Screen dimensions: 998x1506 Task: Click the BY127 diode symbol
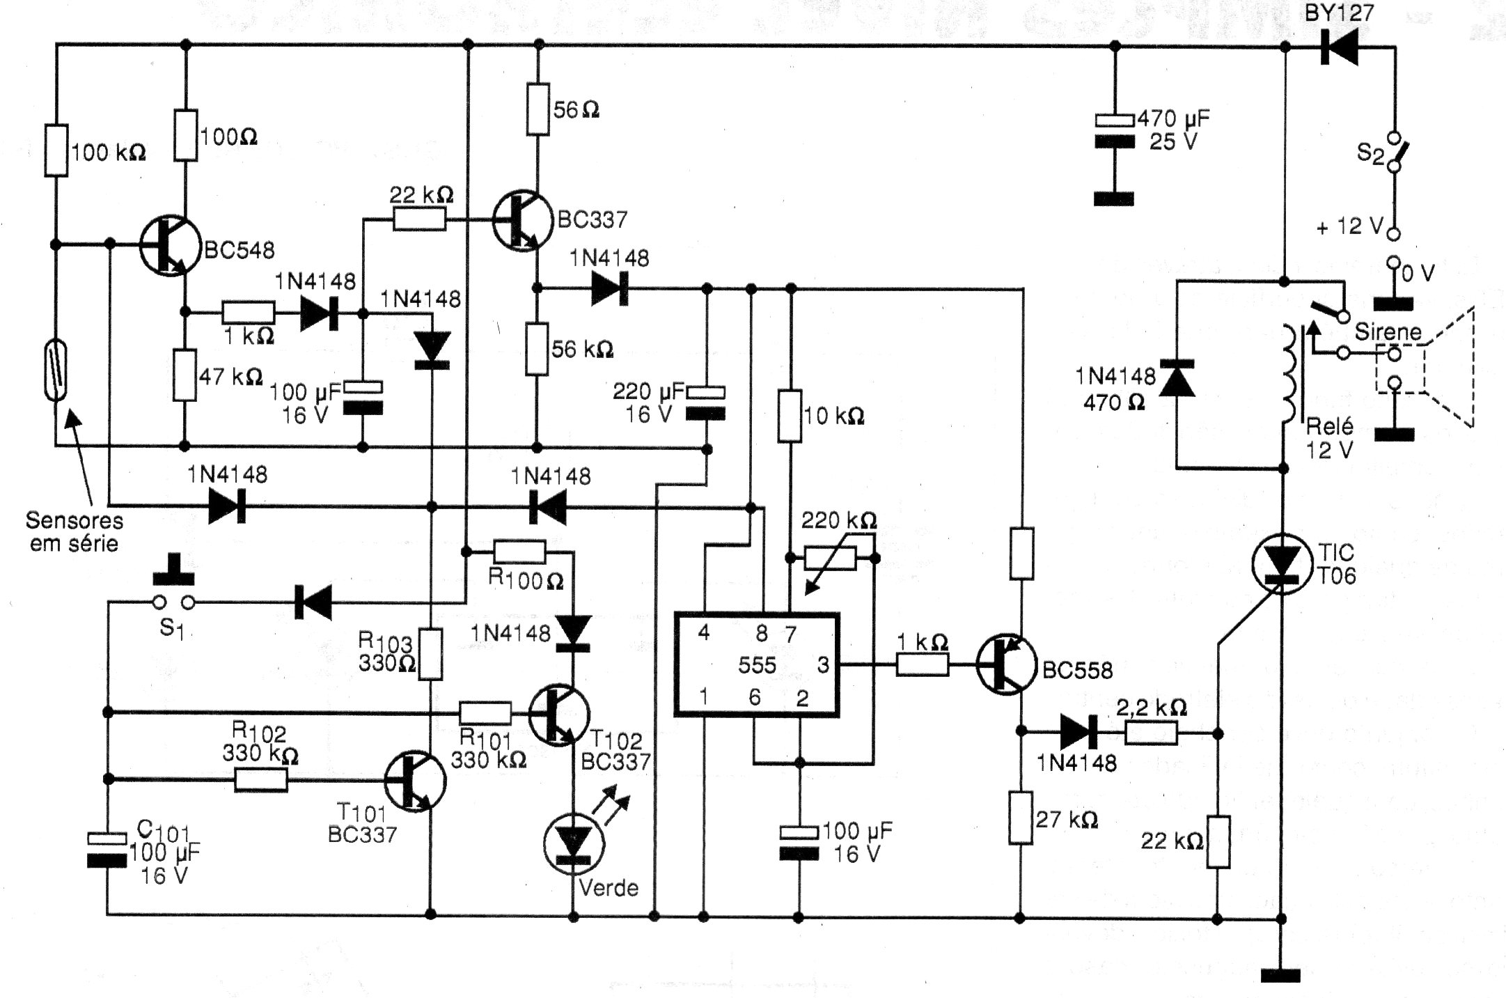click(1338, 48)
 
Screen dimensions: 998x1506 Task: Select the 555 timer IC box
click(757, 664)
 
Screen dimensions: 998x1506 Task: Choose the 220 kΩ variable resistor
click(830, 558)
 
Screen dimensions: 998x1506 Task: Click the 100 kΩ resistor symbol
click(56, 150)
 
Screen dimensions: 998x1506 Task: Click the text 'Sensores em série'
click(74, 531)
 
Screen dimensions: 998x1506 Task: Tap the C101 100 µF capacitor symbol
click(107, 850)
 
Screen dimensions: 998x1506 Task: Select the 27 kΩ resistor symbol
click(1021, 818)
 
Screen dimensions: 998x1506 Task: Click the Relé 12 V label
click(1329, 437)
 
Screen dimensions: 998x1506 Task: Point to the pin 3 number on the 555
click(824, 665)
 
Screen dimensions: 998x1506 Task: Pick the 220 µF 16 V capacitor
click(706, 403)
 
